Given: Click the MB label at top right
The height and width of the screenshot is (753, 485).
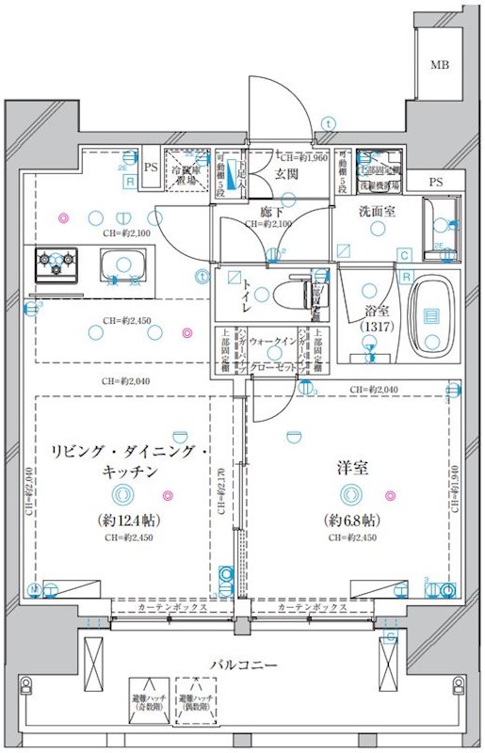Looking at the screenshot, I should [440, 65].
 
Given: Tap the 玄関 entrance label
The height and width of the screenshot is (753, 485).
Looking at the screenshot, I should [287, 174].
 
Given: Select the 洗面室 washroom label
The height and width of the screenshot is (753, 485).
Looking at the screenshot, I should [377, 212].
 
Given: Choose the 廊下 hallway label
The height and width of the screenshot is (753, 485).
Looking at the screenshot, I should [272, 213].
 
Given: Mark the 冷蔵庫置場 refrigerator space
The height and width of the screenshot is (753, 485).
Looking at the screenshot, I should [186, 171].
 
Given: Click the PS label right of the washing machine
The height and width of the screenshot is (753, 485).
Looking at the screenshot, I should [434, 182].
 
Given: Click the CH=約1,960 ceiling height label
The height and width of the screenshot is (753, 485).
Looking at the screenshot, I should [301, 157].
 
